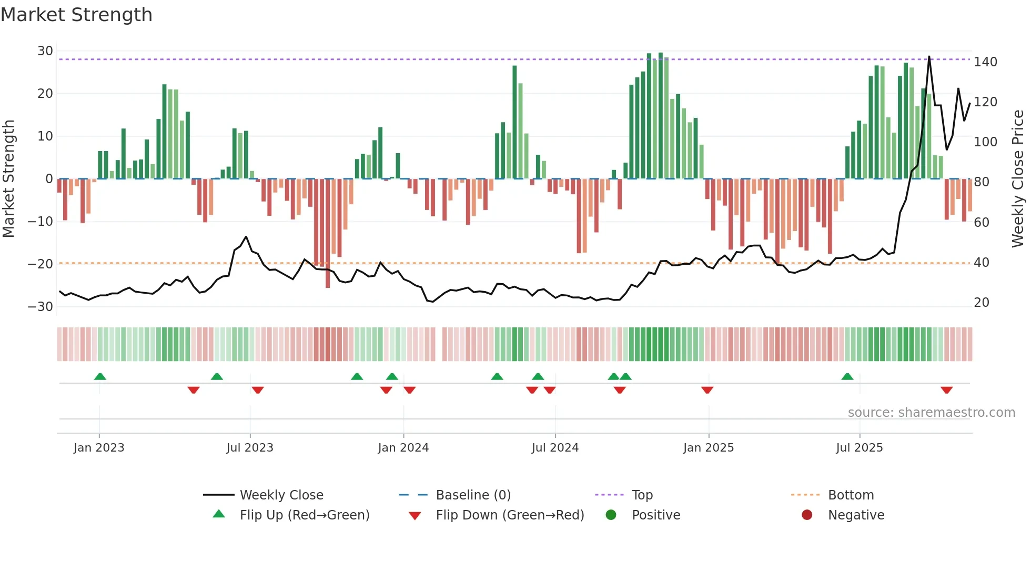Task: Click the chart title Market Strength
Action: coord(76,15)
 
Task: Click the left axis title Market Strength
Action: coord(9,179)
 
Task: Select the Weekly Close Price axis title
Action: coord(1018,179)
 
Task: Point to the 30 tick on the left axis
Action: coord(45,51)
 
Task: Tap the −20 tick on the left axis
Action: coord(41,264)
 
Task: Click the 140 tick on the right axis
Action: coord(985,62)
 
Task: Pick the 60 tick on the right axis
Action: coord(982,222)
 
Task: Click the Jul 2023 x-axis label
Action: coord(250,448)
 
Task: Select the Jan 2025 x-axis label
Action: coord(709,448)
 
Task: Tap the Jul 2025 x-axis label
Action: coord(860,448)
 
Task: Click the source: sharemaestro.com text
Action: coord(931,413)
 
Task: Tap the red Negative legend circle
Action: coord(807,515)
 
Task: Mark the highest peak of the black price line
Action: coord(929,56)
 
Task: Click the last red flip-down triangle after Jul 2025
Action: coord(947,390)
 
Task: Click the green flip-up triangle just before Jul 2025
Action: coord(847,377)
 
